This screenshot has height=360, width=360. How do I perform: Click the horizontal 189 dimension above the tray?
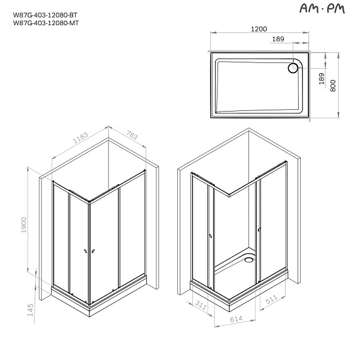pos(277,39)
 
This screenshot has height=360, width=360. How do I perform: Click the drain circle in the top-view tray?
pos(294,66)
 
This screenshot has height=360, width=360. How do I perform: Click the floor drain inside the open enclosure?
pos(250,257)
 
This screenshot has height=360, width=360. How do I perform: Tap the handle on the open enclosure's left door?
pos(210,236)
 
